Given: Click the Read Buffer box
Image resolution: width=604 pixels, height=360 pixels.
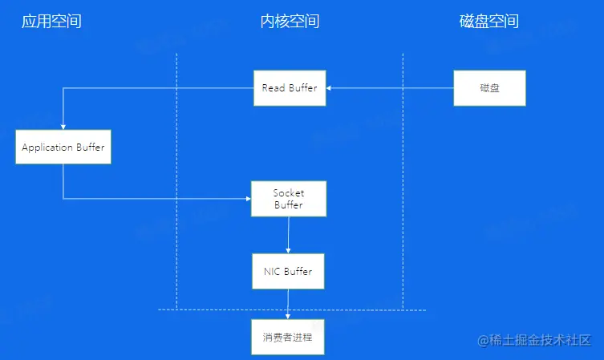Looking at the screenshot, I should coord(290,88).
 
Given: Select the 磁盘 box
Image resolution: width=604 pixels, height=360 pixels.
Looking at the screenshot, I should coord(489,88).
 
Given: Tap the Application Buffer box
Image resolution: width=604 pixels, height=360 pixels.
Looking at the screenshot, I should coord(63,148).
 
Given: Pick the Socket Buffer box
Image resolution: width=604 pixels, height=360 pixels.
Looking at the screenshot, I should coord(289,199).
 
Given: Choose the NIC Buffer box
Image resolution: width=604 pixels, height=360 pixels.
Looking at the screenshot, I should coord(288,272).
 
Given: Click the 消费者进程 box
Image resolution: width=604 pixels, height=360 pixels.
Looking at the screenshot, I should coord(288,337).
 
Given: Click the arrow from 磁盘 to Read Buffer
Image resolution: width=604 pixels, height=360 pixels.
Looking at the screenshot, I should coord(390,88).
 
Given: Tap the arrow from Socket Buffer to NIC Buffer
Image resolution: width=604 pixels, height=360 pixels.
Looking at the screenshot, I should coord(289,234).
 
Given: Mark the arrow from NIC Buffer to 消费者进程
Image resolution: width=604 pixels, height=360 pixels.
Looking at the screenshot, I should coord(289,304).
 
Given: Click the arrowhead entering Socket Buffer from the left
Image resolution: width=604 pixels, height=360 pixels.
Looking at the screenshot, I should coord(247,199).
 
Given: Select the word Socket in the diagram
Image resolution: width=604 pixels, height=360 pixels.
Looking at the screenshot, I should coord(289,193).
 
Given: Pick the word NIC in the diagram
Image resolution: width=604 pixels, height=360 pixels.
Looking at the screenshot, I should coord(272,272).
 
